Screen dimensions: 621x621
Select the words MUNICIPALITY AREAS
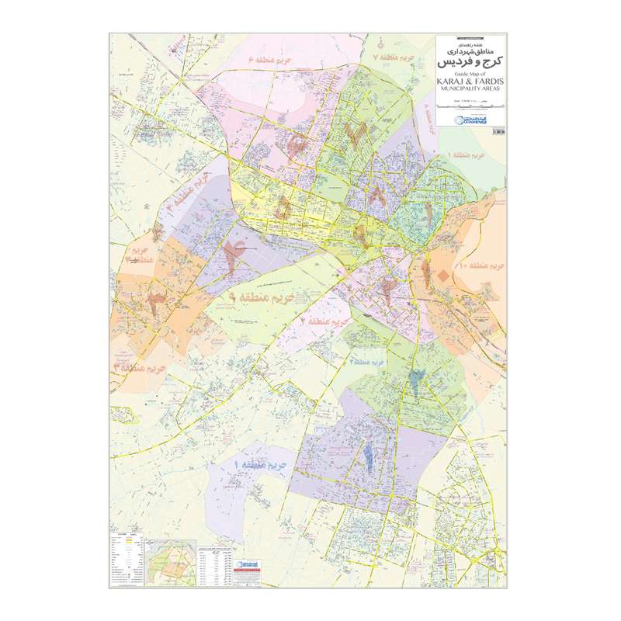pyautogui.click(x=470, y=90)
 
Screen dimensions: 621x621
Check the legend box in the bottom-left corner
pyautogui.click(x=127, y=559)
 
